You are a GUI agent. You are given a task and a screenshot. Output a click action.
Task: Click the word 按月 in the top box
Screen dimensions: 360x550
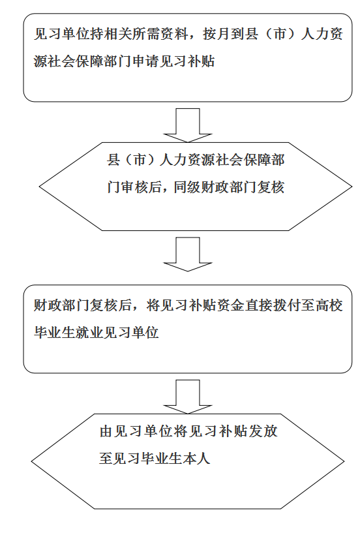coord(217,35)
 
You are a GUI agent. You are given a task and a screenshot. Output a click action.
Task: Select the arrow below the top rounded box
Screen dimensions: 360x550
coord(188,125)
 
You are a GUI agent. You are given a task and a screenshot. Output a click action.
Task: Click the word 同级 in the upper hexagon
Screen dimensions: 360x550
coord(188,187)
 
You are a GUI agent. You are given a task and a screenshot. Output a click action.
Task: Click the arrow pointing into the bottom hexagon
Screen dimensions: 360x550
coord(188,397)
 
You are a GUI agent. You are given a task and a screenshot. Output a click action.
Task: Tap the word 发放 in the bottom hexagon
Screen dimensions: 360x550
coord(263,431)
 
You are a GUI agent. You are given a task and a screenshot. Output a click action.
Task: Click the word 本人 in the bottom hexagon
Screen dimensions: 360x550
coord(197,459)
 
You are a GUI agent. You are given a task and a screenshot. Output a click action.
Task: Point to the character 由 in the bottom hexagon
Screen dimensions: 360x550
coord(106,431)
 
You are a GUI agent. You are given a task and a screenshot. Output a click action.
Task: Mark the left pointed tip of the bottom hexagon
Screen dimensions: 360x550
coord(31,461)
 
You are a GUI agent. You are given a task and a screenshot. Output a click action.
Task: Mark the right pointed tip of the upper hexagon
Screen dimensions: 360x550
coord(352,187)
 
